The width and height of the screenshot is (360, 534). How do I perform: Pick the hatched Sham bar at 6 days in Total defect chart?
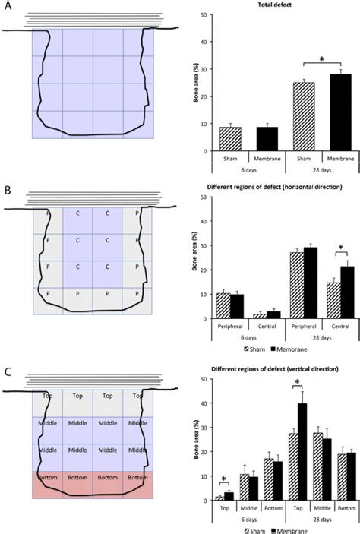tap(231, 139)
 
